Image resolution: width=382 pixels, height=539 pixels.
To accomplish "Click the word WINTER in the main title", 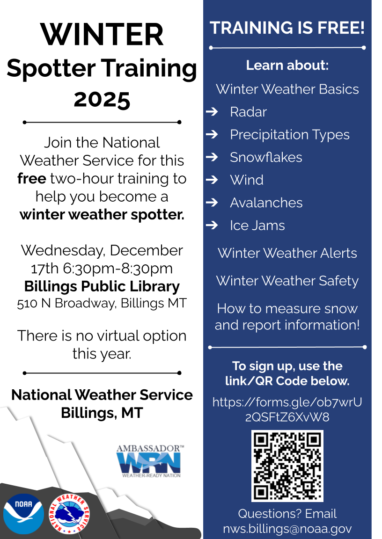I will click(102, 35).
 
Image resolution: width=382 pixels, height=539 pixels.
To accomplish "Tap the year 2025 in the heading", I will click(102, 99).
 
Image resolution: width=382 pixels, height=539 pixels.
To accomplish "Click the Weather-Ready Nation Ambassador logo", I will click(150, 461).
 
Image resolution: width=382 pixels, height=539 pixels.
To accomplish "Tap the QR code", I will click(287, 466).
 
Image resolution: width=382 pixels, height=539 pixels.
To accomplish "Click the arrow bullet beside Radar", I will click(212, 112).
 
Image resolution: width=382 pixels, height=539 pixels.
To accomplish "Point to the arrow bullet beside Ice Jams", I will click(212, 225).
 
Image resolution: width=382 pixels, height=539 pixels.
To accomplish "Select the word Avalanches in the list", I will click(266, 203).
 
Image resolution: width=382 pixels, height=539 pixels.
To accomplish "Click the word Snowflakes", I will click(266, 157).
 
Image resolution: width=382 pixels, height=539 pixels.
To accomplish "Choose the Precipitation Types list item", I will click(289, 135).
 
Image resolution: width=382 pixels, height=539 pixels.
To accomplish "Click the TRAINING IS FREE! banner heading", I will click(287, 28).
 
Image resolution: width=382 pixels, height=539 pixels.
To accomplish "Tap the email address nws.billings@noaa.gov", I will click(287, 529).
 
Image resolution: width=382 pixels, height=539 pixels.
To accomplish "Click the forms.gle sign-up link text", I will click(287, 409).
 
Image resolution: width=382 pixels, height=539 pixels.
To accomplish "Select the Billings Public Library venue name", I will click(102, 286).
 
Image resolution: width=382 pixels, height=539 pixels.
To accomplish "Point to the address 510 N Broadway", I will click(66, 303).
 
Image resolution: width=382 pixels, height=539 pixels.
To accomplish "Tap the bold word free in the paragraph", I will click(32, 179).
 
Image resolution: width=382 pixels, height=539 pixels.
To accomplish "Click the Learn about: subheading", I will click(287, 66).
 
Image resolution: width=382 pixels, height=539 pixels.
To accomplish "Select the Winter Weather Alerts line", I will click(287, 253).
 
